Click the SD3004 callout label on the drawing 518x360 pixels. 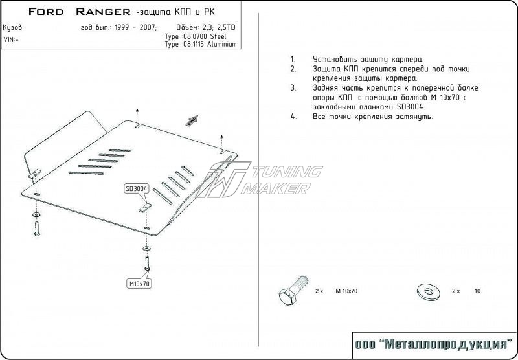(x=137, y=189)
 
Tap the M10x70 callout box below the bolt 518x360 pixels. (x=139, y=284)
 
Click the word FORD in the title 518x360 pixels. (x=46, y=12)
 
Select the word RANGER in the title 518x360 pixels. (x=103, y=12)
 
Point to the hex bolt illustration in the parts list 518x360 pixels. (x=293, y=291)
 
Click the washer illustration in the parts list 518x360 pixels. (x=429, y=292)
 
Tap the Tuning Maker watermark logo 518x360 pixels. (x=259, y=179)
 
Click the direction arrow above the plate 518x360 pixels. (x=192, y=120)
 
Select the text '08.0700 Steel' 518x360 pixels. (x=204, y=36)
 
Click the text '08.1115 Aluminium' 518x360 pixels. (x=209, y=44)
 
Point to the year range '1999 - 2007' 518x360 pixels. (x=135, y=27)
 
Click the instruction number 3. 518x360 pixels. (x=293, y=88)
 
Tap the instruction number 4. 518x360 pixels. (x=293, y=117)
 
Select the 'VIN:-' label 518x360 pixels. (x=11, y=39)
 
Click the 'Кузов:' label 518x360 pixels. (x=13, y=28)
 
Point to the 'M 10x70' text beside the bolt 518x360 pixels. (x=346, y=291)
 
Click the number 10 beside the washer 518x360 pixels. (x=477, y=291)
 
